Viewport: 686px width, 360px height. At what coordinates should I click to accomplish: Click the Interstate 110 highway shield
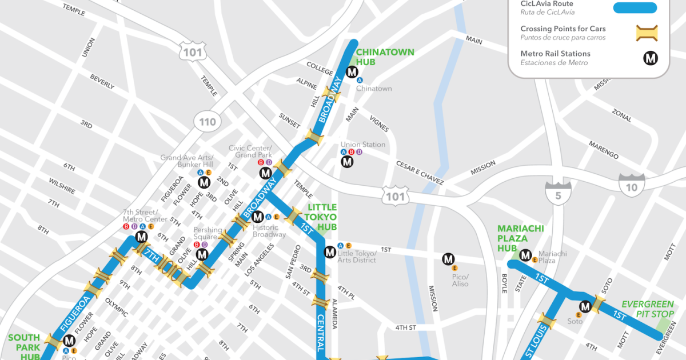coord(208,121)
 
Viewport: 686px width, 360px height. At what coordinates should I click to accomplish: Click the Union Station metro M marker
coord(348,162)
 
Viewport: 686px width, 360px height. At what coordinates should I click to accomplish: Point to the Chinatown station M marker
coord(352,73)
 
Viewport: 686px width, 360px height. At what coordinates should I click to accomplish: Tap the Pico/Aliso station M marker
coord(448,259)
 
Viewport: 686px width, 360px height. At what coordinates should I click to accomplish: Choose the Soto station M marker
coord(585,307)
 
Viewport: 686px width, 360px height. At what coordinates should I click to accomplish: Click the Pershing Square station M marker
coord(202,254)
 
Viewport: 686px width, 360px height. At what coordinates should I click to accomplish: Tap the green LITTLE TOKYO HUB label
coord(322,217)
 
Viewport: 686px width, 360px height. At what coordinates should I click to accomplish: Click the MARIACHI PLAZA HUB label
coord(520,238)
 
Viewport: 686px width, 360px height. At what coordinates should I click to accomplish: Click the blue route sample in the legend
coord(635,8)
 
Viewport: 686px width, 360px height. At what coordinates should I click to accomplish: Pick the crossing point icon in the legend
coord(647,33)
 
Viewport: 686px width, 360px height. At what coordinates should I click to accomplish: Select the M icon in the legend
coord(651,58)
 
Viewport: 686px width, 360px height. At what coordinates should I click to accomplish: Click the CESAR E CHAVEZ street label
coord(420,172)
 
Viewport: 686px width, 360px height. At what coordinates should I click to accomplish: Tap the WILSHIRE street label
coord(62,186)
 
